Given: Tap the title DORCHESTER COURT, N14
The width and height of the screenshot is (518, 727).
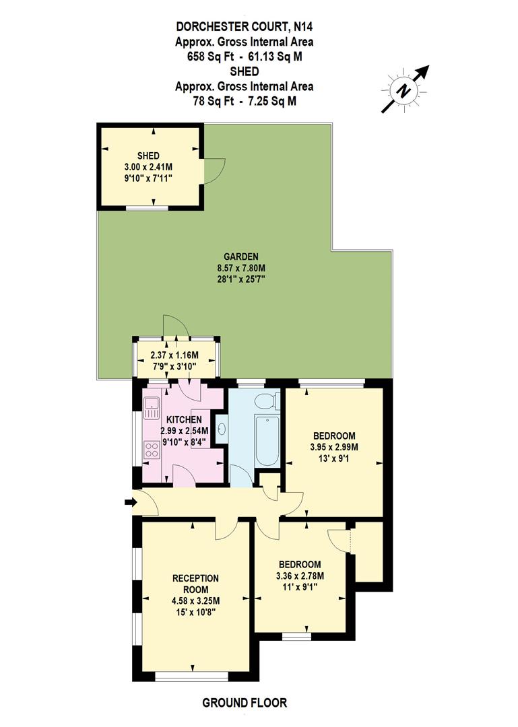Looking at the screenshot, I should (245, 27).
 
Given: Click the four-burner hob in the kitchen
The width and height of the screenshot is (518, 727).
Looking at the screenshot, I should (151, 449).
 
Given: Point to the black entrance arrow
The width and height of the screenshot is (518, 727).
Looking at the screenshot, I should (130, 501).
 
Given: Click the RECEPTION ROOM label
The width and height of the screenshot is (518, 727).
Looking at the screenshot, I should (195, 584).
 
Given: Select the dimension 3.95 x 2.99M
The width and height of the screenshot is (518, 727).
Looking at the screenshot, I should (334, 446).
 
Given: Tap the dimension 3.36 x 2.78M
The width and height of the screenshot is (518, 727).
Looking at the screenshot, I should (300, 576).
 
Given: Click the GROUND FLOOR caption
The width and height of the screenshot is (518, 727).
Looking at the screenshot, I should (245, 703).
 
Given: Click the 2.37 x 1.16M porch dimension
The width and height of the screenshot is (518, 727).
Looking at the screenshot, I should (174, 354).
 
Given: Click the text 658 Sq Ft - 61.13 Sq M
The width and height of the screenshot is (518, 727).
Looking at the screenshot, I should (245, 57).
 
